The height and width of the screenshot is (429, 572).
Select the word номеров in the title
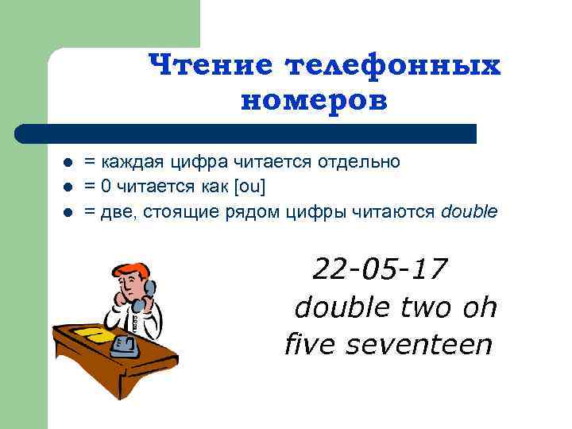pos(313,100)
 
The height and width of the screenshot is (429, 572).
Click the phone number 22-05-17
pos(381,269)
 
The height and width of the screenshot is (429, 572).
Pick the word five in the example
pos(310,345)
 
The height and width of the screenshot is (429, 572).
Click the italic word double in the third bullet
pos(469,211)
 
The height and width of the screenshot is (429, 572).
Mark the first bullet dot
pos(68,163)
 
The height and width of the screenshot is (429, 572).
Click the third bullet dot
pos(68,212)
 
